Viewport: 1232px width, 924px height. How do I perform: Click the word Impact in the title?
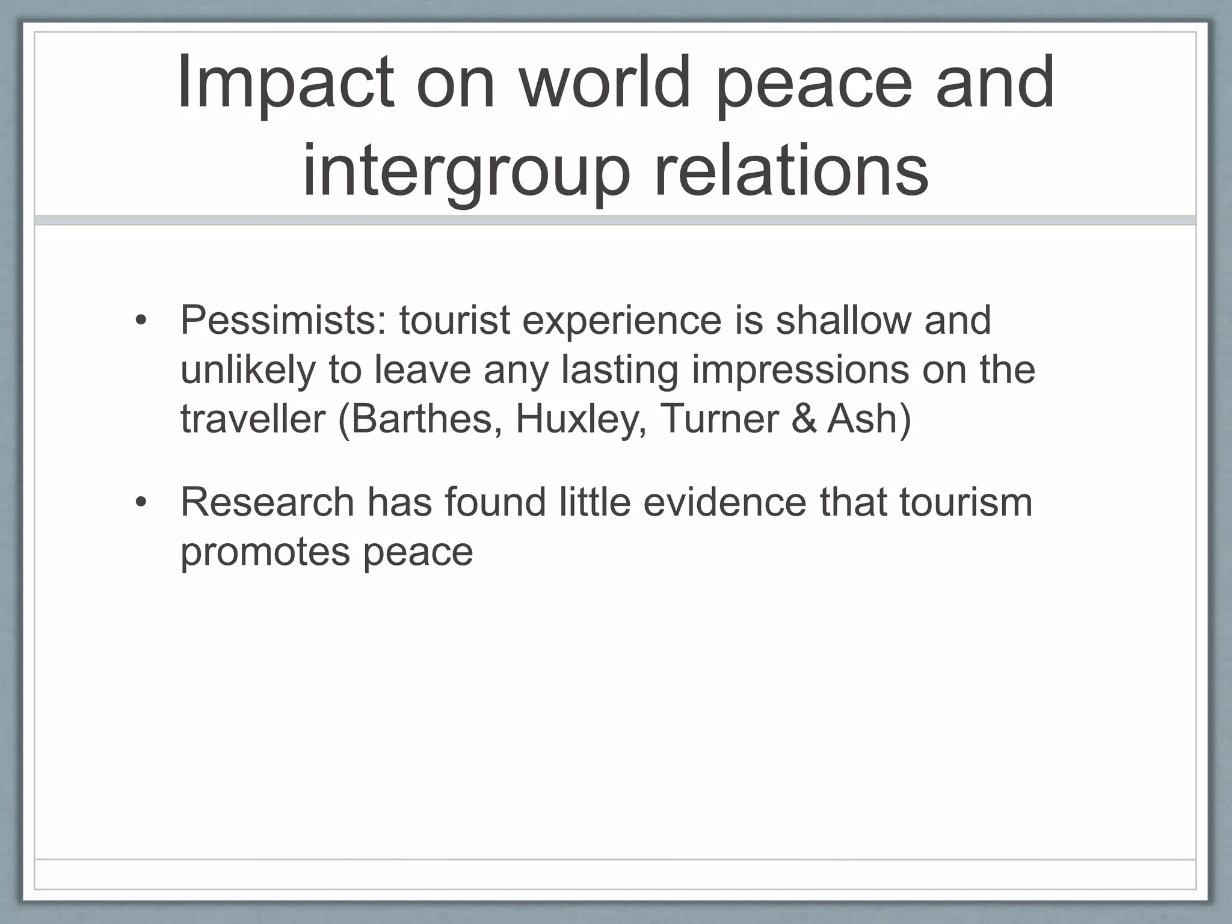pos(286,82)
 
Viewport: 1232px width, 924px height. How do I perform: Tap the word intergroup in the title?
pos(466,171)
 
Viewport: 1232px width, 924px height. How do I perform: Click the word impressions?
pos(800,370)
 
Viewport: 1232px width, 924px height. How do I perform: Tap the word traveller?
pos(253,419)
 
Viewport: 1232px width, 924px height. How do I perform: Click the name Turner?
pos(719,419)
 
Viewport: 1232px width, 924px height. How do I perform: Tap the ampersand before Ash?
pos(804,419)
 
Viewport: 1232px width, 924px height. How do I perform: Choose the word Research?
pos(267,502)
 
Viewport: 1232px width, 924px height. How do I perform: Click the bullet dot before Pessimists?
pos(141,321)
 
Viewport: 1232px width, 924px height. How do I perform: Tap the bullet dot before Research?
pos(141,503)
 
